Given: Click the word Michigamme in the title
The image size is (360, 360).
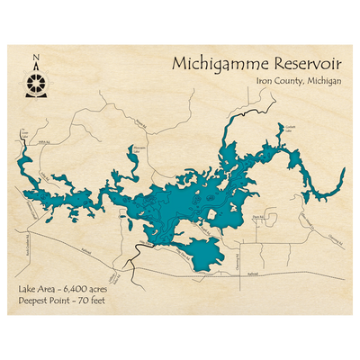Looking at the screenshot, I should (209, 68).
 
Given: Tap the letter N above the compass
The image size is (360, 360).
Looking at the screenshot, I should (36, 61).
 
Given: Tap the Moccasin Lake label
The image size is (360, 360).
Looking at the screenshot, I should (139, 147).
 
